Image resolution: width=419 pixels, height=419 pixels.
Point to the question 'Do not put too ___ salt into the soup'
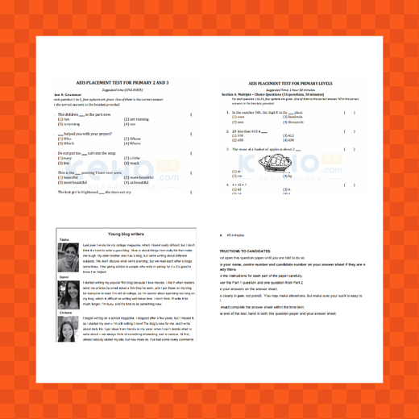point(92,152)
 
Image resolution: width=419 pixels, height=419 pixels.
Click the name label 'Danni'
point(63,276)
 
